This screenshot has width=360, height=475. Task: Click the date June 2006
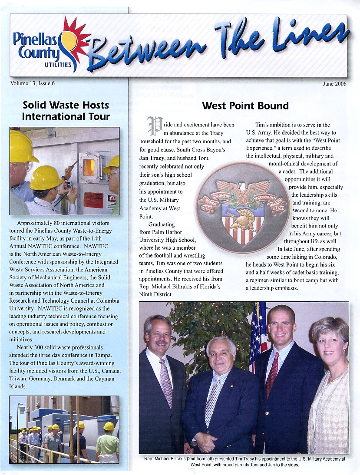[334, 84]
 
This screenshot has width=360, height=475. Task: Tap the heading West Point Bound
[245, 106]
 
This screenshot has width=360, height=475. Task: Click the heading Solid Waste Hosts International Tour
[66, 111]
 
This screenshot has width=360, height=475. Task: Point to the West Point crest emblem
[241, 208]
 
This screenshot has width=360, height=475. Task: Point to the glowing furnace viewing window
[89, 167]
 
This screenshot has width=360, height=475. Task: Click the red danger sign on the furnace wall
[93, 200]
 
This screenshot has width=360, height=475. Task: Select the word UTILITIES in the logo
[58, 65]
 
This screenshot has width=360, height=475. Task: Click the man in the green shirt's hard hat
[109, 426]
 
